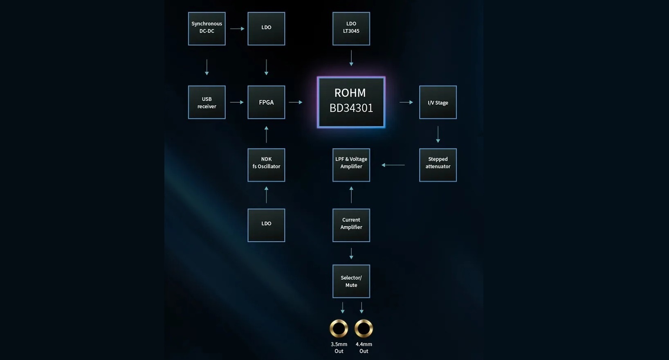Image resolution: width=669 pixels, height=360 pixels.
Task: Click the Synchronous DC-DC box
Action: pyautogui.click(x=207, y=28)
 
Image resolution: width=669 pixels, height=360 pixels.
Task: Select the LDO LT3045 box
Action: pyautogui.click(x=351, y=28)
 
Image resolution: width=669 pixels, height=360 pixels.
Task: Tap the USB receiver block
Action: pyautogui.click(x=207, y=102)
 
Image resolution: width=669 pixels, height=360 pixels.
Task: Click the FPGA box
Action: pyautogui.click(x=266, y=102)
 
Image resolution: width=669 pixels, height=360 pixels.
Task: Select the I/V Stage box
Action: pyautogui.click(x=438, y=102)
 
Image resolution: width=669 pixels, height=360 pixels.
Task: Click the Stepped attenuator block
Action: pyautogui.click(x=438, y=164)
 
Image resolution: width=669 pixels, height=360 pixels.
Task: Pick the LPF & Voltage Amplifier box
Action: pyautogui.click(x=351, y=164)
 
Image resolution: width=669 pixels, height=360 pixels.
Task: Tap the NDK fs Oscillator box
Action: pyautogui.click(x=266, y=164)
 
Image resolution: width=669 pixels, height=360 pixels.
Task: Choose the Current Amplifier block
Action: pyautogui.click(x=351, y=225)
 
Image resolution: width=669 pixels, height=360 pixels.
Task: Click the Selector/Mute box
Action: pyautogui.click(x=351, y=281)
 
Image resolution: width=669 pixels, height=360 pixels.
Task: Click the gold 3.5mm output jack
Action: pyautogui.click(x=339, y=328)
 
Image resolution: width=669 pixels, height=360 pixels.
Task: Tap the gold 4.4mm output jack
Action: pyautogui.click(x=364, y=328)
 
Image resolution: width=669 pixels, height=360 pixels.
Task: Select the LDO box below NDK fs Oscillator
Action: pyautogui.click(x=266, y=225)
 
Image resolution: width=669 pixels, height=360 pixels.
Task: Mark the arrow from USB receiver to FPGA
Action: pyautogui.click(x=237, y=102)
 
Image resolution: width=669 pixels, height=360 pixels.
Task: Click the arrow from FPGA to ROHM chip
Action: pyautogui.click(x=296, y=102)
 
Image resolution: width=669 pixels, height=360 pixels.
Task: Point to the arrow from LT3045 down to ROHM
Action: pyautogui.click(x=351, y=58)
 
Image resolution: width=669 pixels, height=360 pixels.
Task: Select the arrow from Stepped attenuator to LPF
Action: pyautogui.click(x=393, y=165)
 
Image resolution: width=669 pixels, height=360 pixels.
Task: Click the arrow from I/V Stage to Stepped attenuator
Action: pyautogui.click(x=438, y=134)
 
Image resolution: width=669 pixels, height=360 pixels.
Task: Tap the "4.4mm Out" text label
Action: pyautogui.click(x=364, y=348)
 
